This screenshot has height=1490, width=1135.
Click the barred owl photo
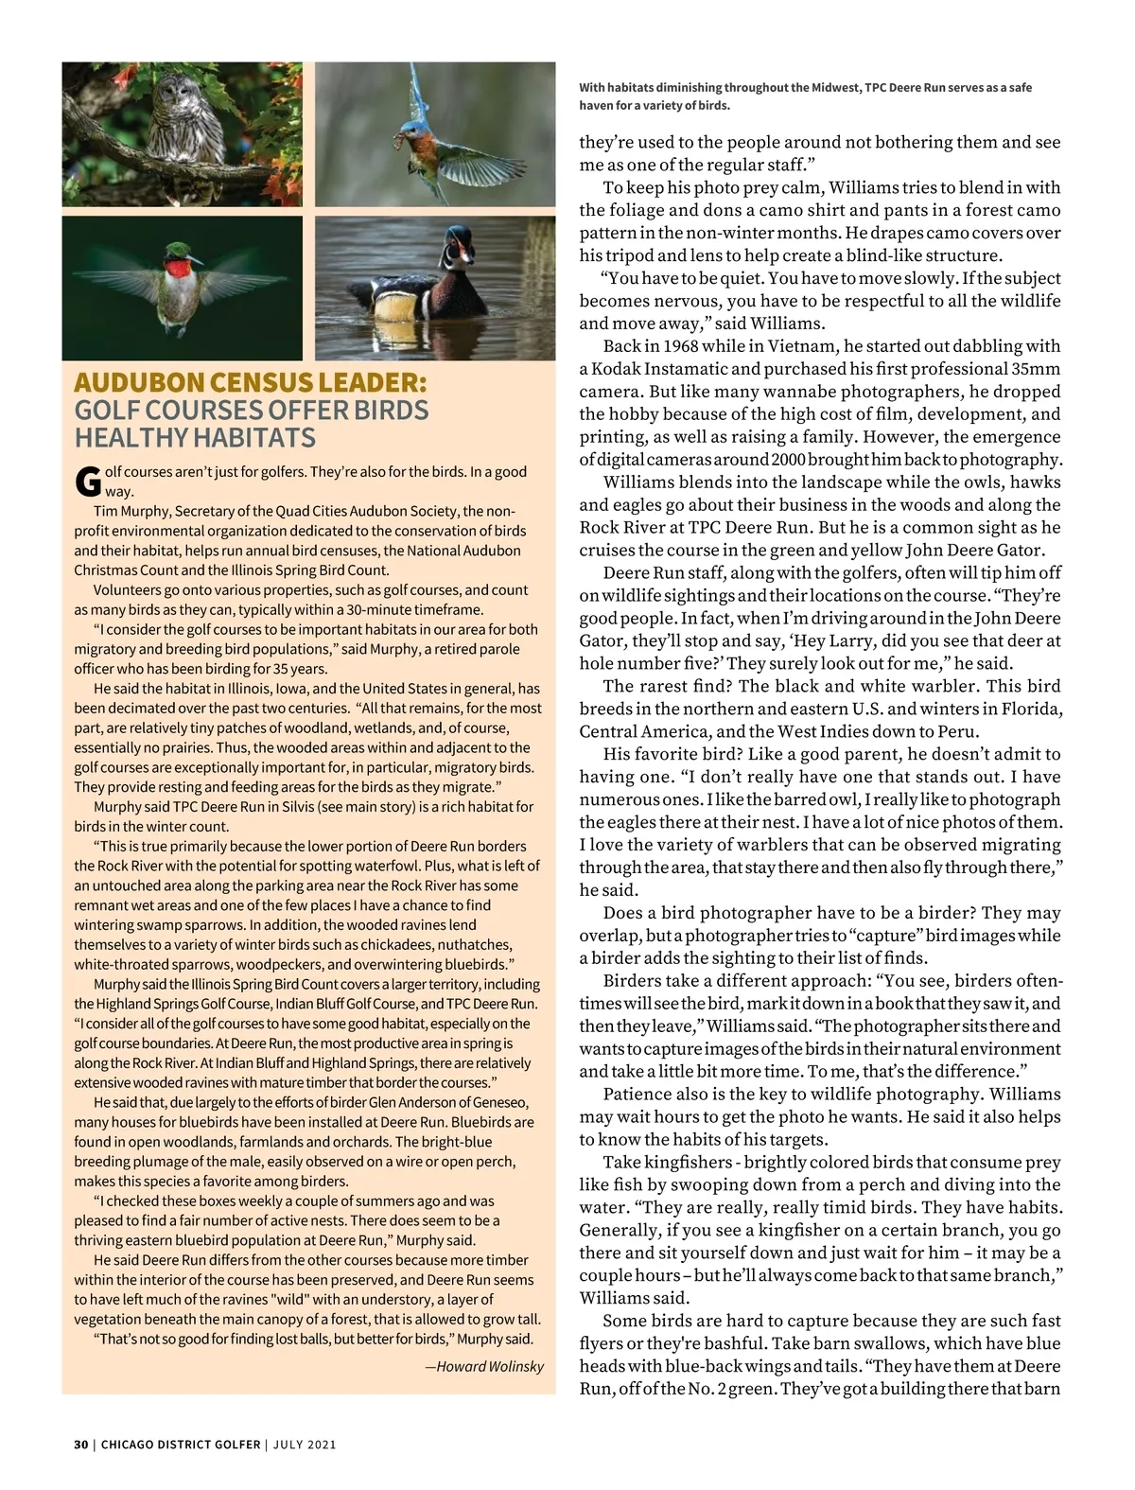pyautogui.click(x=182, y=133)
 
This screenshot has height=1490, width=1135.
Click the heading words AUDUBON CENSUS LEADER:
pyautogui.click(x=251, y=383)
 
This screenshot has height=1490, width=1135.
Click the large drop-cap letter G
pyautogui.click(x=87, y=482)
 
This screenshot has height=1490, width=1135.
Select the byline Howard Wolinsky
pyautogui.click(x=490, y=1366)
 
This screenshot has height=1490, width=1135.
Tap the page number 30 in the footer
pyautogui.click(x=81, y=1445)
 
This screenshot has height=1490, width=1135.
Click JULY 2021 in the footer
pyautogui.click(x=305, y=1445)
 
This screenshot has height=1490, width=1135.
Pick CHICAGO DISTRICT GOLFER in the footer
pyautogui.click(x=181, y=1445)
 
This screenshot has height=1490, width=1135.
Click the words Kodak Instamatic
pyautogui.click(x=658, y=369)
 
